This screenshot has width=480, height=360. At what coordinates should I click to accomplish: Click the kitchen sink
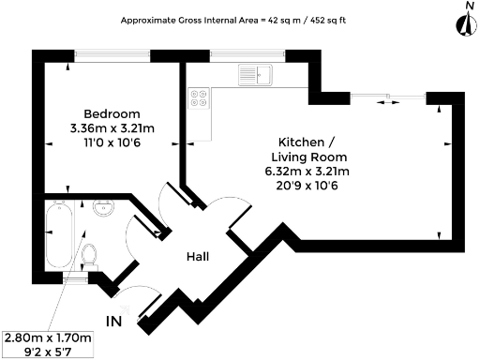[254, 75]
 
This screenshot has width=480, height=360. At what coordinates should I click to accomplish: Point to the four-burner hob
[200, 97]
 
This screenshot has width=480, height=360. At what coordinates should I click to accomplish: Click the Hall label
[197, 256]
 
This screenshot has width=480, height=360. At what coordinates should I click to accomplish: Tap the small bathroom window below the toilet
[78, 278]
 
